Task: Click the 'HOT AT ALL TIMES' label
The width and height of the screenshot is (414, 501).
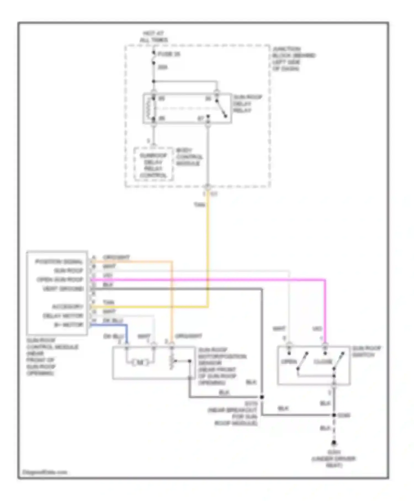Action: pos(154,37)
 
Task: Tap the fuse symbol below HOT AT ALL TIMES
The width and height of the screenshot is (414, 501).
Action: pos(154,58)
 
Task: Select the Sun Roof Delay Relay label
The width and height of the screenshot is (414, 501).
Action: pos(247,104)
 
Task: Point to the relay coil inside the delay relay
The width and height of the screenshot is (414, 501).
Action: pos(149,108)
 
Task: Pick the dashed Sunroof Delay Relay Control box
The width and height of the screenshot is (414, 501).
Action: pos(153,165)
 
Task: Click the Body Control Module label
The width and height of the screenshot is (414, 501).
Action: pos(189,157)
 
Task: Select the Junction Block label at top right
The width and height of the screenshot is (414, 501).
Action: pos(294,59)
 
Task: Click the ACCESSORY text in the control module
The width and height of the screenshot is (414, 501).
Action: pos(68,307)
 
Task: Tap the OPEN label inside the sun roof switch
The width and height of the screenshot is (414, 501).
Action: pos(289,362)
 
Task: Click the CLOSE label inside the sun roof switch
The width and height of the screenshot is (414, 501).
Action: pos(323,362)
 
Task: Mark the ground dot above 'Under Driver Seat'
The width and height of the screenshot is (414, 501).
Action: pos(334,443)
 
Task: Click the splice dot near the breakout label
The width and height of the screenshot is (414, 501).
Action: pos(262,397)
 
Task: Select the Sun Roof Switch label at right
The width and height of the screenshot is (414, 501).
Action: pos(366,352)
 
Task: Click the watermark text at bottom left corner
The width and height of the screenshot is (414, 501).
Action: pos(45,472)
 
